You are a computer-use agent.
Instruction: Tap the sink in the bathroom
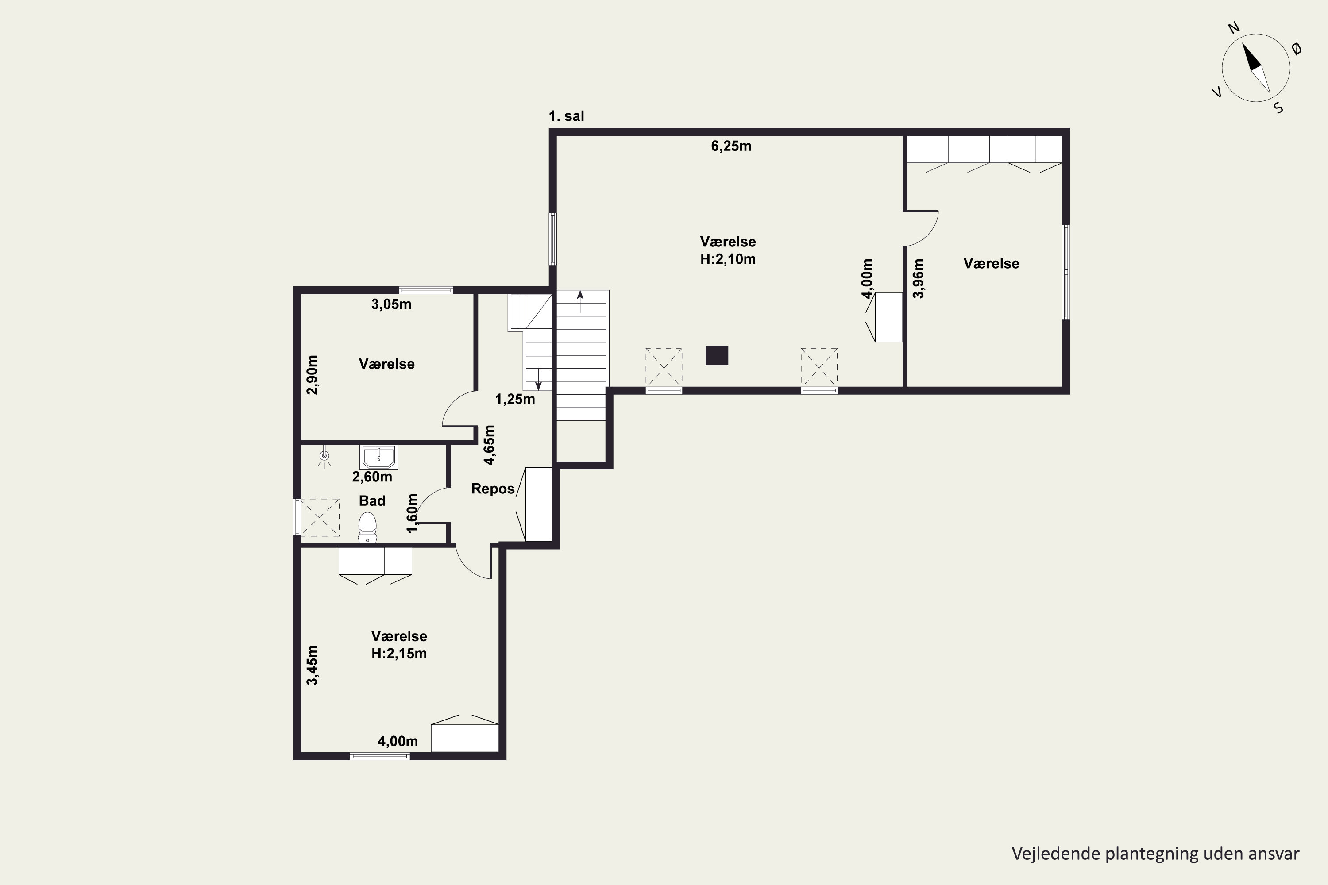(x=379, y=457)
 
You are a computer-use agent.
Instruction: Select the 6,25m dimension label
(x=731, y=146)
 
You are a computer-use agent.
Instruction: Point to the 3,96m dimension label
(x=919, y=278)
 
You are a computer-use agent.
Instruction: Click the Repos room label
(x=493, y=489)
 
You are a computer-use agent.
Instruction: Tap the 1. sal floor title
(x=566, y=116)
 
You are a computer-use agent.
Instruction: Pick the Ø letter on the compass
(x=1297, y=49)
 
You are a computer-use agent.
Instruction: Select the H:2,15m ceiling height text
(x=399, y=654)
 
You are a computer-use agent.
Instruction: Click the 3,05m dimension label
(x=391, y=305)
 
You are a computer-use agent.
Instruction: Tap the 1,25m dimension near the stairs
(x=515, y=400)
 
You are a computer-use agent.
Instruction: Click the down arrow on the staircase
(x=538, y=379)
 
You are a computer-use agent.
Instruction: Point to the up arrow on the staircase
(x=580, y=302)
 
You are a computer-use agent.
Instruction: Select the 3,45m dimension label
(x=312, y=666)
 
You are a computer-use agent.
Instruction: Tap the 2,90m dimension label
(x=312, y=375)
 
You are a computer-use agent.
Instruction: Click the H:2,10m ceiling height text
(x=728, y=259)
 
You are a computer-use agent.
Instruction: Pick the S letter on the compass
(x=1279, y=108)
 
